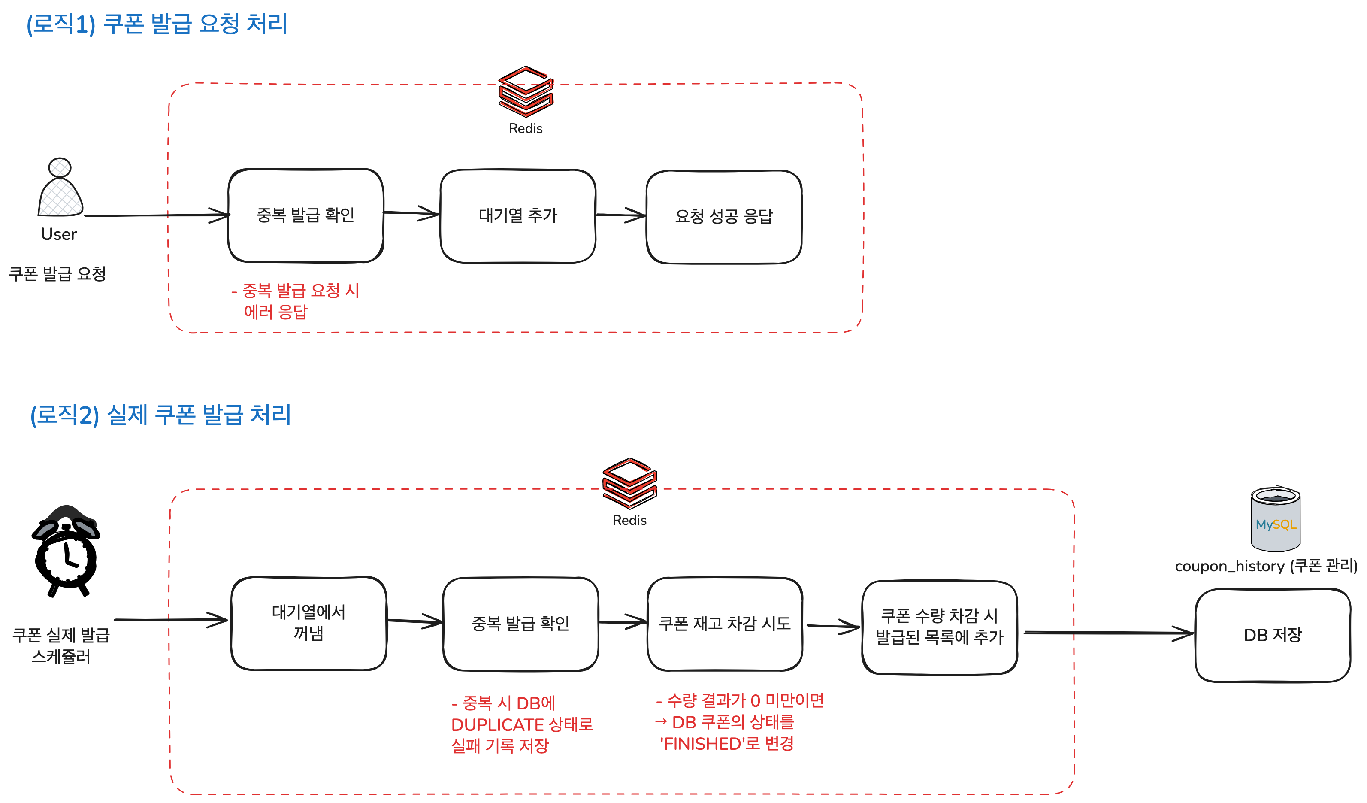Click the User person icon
pyautogui.click(x=60, y=188)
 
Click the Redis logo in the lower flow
pyautogui.click(x=629, y=483)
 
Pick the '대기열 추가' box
pyautogui.click(x=518, y=216)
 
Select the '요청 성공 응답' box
pyautogui.click(x=724, y=217)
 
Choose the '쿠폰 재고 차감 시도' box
pyautogui.click(x=725, y=624)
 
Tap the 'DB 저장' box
pyautogui.click(x=1273, y=635)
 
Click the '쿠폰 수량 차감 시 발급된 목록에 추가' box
pyautogui.click(x=940, y=627)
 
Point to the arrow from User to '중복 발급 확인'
pyautogui.click(x=157, y=215)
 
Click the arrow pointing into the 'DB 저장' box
pyautogui.click(x=1107, y=633)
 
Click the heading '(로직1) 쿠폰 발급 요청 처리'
pyautogui.click(x=157, y=24)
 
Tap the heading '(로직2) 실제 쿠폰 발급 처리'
pyautogui.click(x=160, y=415)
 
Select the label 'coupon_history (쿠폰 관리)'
pyautogui.click(x=1266, y=566)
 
